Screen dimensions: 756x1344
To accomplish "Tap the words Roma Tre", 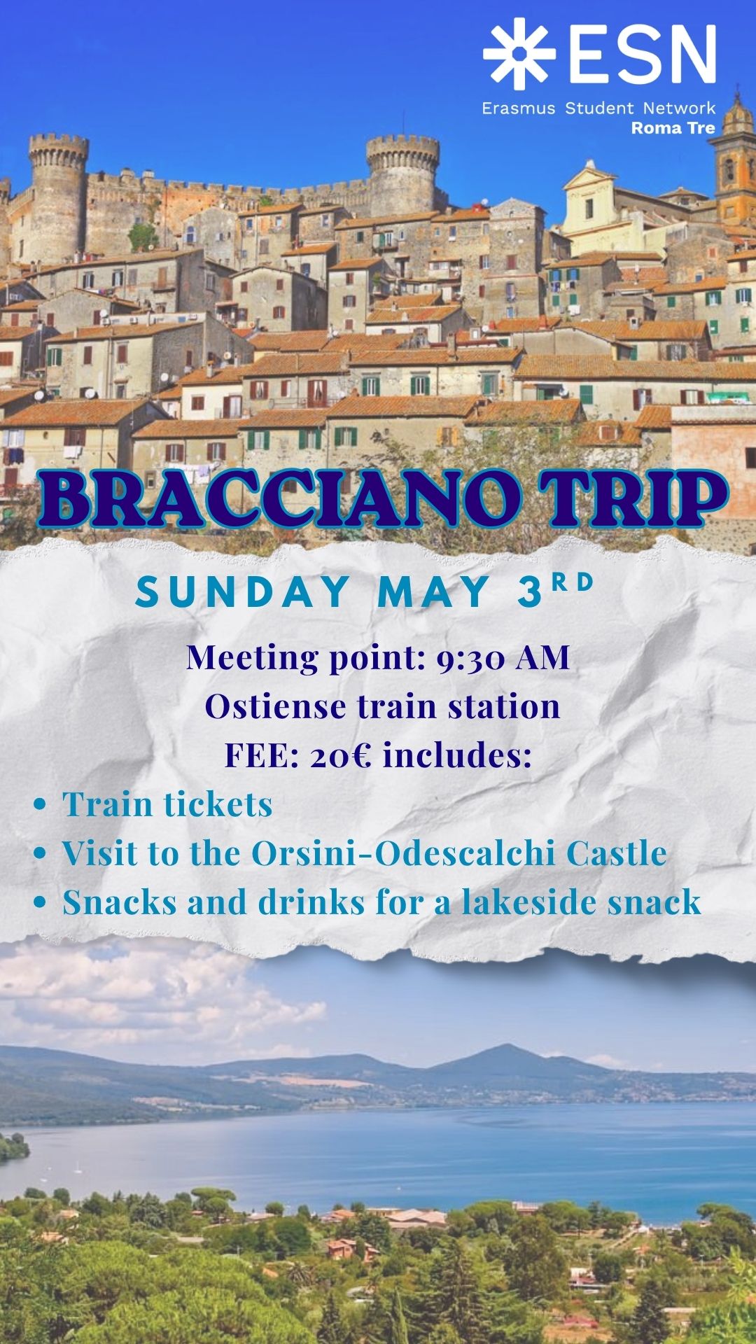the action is coord(673,128).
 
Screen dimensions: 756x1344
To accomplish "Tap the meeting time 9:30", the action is coord(470,658).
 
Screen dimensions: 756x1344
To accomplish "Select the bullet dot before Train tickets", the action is coord(40,805).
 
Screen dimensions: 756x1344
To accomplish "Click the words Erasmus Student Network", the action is coord(598,108).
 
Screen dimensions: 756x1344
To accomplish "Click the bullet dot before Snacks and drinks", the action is coord(40,902).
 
